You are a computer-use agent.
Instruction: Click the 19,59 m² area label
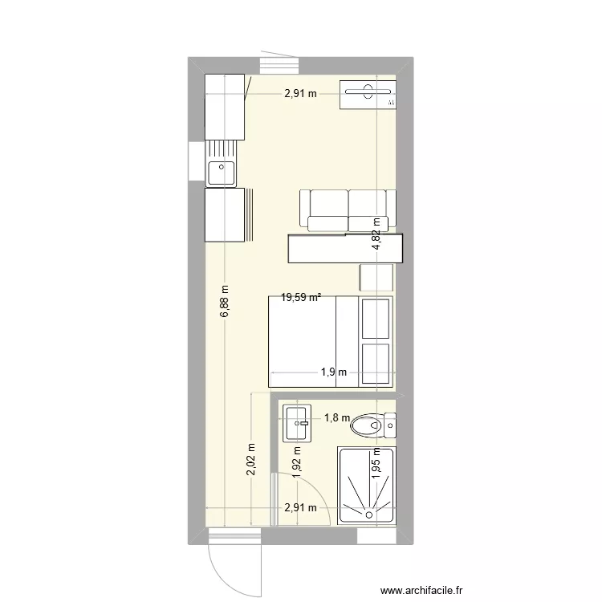[301, 297]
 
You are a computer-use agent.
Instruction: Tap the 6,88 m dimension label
[224, 301]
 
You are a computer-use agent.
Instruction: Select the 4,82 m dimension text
[376, 234]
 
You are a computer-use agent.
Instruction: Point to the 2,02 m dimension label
[250, 459]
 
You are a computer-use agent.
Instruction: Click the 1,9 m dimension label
[334, 372]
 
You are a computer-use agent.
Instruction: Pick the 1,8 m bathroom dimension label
[337, 417]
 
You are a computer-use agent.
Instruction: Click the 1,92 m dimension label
[296, 462]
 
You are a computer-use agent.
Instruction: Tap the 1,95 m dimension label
[376, 462]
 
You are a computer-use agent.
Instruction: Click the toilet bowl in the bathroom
[368, 425]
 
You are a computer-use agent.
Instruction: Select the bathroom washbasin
[297, 423]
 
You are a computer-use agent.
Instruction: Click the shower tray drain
[369, 515]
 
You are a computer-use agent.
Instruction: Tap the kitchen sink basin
[222, 173]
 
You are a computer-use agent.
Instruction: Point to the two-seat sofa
[348, 210]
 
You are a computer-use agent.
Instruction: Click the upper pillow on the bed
[376, 319]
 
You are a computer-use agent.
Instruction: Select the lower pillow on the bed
[376, 363]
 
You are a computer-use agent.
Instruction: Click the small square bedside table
[376, 277]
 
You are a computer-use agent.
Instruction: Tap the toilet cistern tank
[390, 425]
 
